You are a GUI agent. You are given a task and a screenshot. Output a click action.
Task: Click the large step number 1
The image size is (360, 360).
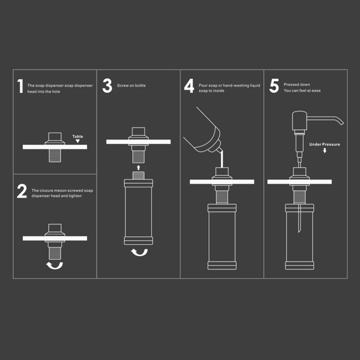(x=20, y=86)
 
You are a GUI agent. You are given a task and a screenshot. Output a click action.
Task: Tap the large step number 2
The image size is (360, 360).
(x=22, y=191)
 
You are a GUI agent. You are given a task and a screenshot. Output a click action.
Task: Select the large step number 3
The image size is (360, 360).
(x=107, y=85)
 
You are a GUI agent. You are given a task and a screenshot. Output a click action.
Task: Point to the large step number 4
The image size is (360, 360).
(x=189, y=85)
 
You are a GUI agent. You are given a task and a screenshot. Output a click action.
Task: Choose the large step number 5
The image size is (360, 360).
(x=274, y=85)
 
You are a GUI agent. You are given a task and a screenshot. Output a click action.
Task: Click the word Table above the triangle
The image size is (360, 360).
(x=77, y=136)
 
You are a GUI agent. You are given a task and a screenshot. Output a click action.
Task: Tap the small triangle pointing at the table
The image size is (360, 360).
(x=77, y=141)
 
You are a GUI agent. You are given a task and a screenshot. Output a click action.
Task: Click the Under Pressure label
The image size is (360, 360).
(x=324, y=144)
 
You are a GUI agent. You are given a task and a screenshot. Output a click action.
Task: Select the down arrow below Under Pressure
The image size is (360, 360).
(x=324, y=150)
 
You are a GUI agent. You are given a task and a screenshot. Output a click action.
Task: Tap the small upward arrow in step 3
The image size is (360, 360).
(x=139, y=167)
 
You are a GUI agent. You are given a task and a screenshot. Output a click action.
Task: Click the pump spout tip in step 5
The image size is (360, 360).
(x=342, y=123)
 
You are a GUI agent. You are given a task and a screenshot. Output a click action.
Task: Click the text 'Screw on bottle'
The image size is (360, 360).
(x=131, y=85)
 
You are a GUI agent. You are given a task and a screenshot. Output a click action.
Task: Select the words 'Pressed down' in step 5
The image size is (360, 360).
(x=297, y=85)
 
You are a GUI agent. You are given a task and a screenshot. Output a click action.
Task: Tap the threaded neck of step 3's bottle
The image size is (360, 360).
(x=139, y=175)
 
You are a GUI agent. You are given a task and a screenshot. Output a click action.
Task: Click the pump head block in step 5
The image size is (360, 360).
(x=300, y=120)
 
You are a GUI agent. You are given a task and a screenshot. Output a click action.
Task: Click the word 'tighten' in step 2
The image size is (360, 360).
(x=75, y=196)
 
